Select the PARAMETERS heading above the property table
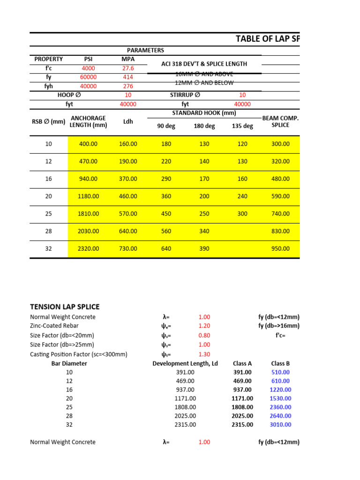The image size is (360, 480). coord(145,50)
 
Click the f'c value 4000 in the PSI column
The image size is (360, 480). coord(88,68)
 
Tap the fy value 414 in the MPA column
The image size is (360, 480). coord(127,77)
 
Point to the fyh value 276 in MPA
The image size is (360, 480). coord(127,86)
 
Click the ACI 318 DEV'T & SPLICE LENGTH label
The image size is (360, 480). coord(204,64)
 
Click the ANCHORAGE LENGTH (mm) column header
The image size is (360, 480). coord(88,121)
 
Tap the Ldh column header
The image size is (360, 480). coord(127,122)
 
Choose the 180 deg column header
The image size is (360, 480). coord(204,126)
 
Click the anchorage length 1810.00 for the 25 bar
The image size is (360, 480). coord(88,214)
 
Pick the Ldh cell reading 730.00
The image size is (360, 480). coord(127,249)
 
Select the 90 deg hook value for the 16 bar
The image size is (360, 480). coord(166,179)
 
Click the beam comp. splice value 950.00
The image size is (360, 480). coord(280,249)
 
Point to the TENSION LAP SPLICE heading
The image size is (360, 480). coord(65,307)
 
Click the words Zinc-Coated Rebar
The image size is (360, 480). coord(54,326)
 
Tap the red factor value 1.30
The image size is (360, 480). coord(204,354)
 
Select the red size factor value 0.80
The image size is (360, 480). coord(204,335)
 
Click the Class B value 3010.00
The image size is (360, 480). coord(280,425)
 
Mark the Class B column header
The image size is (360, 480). coord(280,363)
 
